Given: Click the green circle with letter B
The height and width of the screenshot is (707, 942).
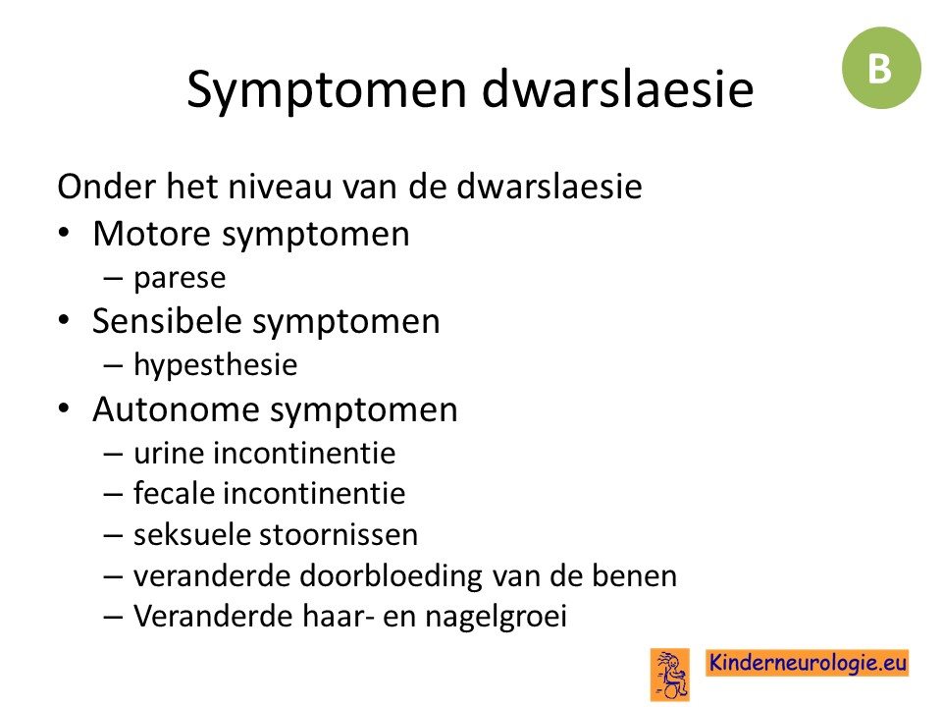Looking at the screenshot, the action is (x=881, y=68).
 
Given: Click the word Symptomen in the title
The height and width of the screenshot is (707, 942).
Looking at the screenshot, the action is (x=327, y=90).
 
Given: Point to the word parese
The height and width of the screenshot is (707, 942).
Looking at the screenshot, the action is (x=180, y=278).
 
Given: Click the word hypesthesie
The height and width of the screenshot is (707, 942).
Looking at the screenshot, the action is (x=215, y=365).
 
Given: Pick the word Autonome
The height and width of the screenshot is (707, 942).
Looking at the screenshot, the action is (x=176, y=409).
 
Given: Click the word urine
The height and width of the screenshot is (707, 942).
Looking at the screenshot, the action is (x=169, y=454).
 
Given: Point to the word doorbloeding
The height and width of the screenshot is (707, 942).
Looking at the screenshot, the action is (x=391, y=575).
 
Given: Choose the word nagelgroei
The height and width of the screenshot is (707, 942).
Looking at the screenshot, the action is (x=497, y=617).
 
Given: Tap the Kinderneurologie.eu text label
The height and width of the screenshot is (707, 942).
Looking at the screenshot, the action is (x=808, y=663).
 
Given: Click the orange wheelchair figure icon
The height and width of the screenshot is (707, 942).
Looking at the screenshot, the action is (x=670, y=675).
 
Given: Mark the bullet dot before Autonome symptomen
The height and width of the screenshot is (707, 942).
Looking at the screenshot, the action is (x=65, y=408).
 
